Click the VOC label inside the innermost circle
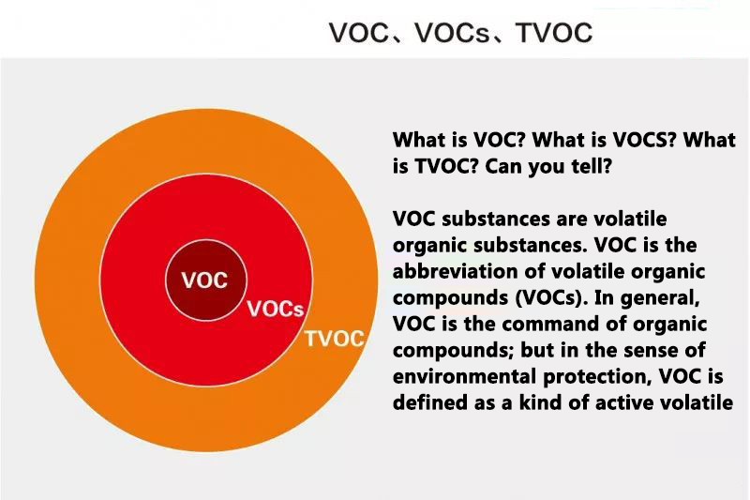pos(203,280)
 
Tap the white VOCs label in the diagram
pos(275,310)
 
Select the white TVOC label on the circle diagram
pos(334,339)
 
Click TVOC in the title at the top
pos(554,34)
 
